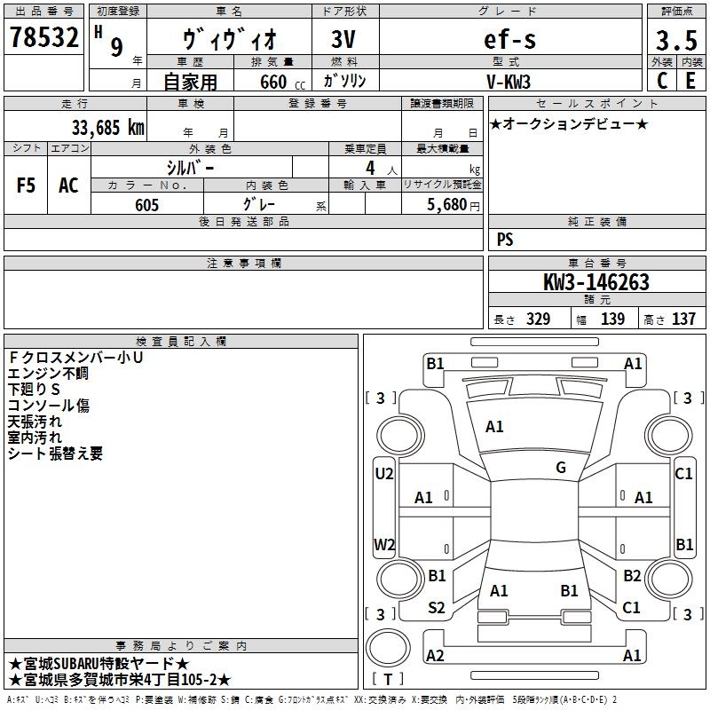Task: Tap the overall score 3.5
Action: (x=675, y=40)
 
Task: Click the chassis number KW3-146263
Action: (x=596, y=283)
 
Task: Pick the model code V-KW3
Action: (x=509, y=81)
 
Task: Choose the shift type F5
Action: (x=26, y=185)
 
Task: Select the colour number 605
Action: (x=146, y=205)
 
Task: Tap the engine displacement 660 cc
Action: (x=272, y=82)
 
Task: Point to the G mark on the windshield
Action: (x=561, y=468)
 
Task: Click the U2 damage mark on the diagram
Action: (x=384, y=474)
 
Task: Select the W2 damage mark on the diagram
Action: (x=384, y=544)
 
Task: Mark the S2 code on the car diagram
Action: (x=437, y=608)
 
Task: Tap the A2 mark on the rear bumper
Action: (x=435, y=656)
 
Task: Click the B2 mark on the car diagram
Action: (x=632, y=576)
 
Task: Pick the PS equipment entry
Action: (x=505, y=240)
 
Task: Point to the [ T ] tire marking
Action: (x=388, y=680)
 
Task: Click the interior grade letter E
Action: (x=690, y=81)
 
